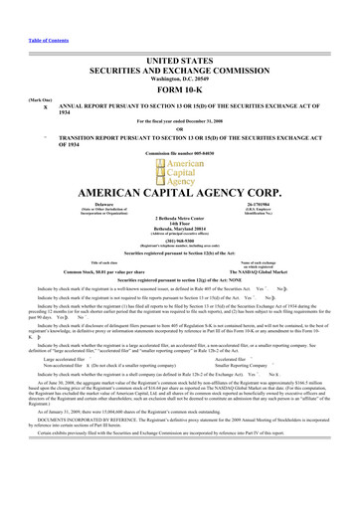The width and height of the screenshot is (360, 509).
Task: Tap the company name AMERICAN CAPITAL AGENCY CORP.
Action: [179, 193]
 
